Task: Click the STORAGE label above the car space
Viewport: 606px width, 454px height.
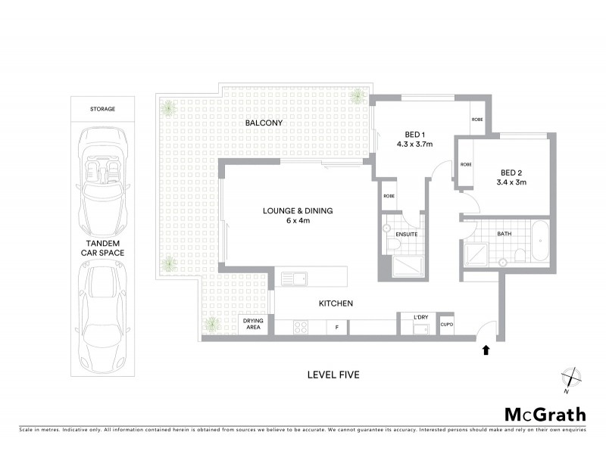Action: pos(102,109)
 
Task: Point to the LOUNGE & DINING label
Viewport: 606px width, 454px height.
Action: pos(298,210)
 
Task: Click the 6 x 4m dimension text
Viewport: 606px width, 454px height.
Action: pos(298,221)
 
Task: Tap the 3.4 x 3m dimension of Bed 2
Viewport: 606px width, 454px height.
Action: pos(510,182)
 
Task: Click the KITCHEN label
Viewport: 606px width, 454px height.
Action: pos(336,303)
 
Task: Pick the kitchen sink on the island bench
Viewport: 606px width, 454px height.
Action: pos(294,278)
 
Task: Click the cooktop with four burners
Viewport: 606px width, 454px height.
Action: pos(299,328)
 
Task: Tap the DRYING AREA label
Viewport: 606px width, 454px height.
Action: pos(253,324)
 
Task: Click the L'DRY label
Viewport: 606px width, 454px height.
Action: pos(421,316)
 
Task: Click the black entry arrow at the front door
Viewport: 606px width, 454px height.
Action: pos(486,350)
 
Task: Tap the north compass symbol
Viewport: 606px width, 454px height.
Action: pos(570,378)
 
